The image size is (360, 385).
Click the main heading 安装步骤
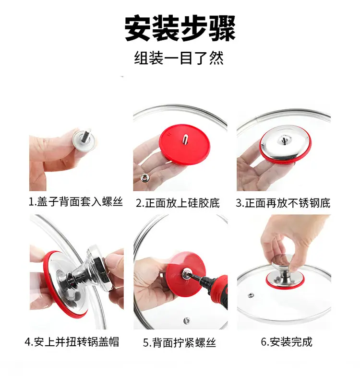180,28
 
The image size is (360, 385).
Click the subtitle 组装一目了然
179,58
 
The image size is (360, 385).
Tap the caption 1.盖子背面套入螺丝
76,202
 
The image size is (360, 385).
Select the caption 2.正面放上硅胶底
178,203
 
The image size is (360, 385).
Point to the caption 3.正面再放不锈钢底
283,203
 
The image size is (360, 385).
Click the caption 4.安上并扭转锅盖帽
72,342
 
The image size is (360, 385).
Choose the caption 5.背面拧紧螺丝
180,342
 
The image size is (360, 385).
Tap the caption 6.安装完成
287,342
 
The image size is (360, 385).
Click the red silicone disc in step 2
184,144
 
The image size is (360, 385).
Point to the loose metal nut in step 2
144,178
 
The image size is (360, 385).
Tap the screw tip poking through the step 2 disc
185,139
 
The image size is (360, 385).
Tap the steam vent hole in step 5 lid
187,320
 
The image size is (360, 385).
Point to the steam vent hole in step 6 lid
251,295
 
